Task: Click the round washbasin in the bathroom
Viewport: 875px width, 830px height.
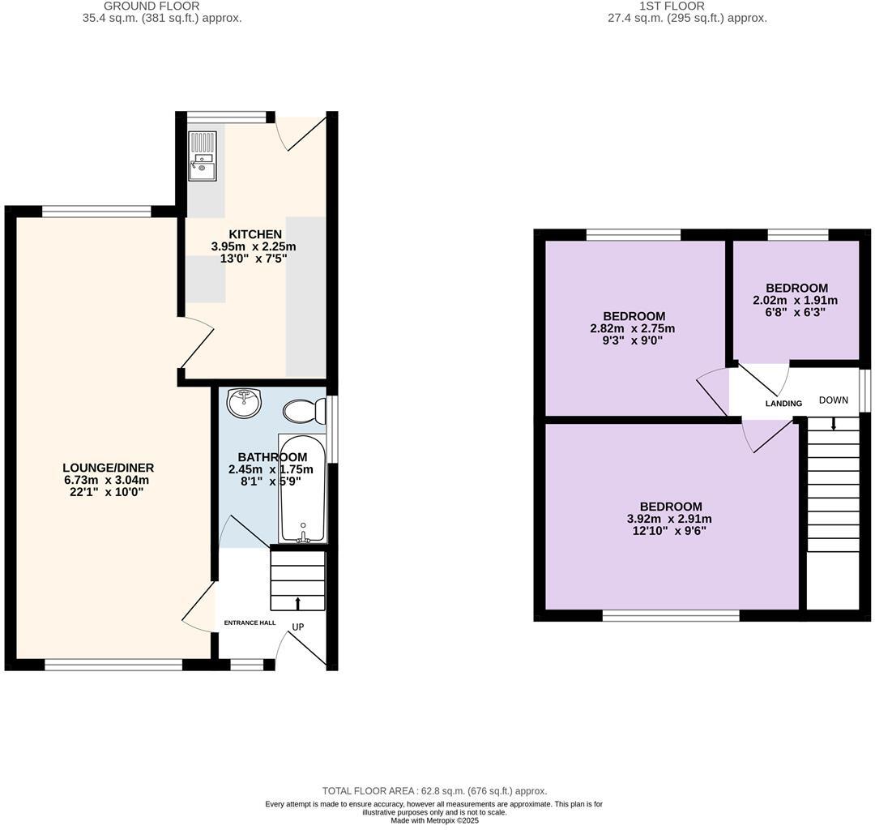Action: [245, 402]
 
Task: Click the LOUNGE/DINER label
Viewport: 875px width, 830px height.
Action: [108, 468]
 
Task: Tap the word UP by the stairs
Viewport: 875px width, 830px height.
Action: [298, 627]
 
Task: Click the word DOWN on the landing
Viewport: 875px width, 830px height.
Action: [833, 400]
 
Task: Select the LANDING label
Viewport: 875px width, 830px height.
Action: [783, 404]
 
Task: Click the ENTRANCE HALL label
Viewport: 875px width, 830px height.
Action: [250, 622]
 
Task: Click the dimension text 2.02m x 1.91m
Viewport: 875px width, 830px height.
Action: [795, 300]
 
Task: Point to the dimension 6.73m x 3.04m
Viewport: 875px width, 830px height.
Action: [108, 480]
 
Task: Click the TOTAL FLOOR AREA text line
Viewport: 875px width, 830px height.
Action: [434, 790]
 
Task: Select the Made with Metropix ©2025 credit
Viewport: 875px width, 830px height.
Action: [434, 820]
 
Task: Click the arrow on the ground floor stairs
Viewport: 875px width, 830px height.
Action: [297, 602]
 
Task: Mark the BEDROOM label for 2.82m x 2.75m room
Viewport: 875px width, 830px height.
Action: [634, 316]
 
